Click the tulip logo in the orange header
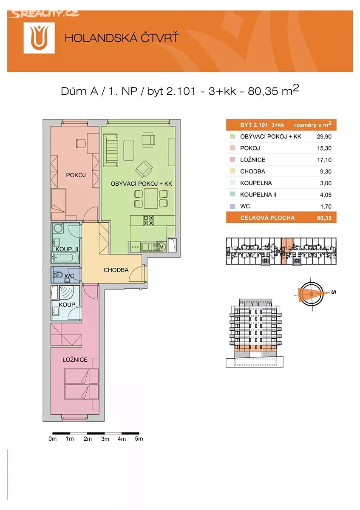[x=39, y=38]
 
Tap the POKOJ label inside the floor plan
[x=76, y=175]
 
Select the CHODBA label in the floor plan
[x=116, y=270]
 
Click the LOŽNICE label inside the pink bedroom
[x=75, y=360]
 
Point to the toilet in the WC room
[x=58, y=275]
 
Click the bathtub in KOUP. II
[x=65, y=258]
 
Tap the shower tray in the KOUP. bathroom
[x=69, y=292]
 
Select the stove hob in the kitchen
[x=148, y=221]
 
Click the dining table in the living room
[x=151, y=198]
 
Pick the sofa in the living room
[x=111, y=150]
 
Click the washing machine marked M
[x=162, y=246]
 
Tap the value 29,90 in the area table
[x=324, y=136]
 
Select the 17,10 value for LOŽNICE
[x=324, y=160]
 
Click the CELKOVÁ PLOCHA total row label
[x=267, y=218]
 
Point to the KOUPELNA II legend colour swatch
[x=232, y=194]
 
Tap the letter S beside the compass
[x=334, y=292]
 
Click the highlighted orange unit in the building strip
[x=286, y=251]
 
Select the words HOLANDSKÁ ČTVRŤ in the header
[x=122, y=38]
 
